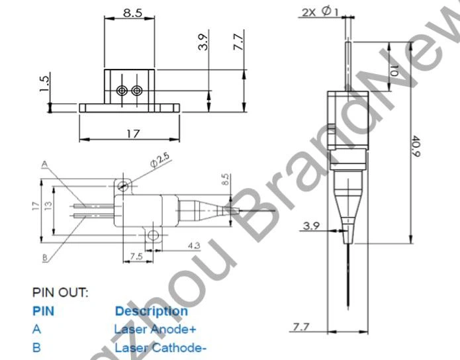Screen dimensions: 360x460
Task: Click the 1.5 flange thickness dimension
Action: pos(44,84)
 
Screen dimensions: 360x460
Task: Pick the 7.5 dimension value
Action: pos(136,255)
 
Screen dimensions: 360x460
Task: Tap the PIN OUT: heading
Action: pos(60,292)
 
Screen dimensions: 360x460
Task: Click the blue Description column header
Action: pos(151,310)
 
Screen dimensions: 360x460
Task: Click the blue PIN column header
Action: pos(44,310)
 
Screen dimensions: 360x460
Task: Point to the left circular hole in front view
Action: pos(121,90)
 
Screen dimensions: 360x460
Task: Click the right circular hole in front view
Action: pos(136,90)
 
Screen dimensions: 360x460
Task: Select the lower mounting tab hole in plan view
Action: pos(153,234)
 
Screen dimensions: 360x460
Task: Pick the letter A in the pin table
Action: pos(36,328)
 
